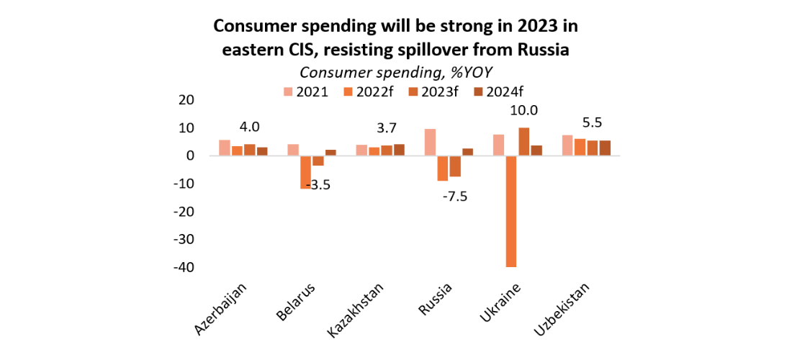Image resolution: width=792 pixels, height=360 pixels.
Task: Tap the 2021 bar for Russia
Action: pyautogui.click(x=430, y=143)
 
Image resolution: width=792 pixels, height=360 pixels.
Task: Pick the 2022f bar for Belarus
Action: pyautogui.click(x=305, y=172)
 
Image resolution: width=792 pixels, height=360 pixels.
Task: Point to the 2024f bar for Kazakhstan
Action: pyautogui.click(x=399, y=150)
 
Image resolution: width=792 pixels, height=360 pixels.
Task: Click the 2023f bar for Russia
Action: pyautogui.click(x=455, y=166)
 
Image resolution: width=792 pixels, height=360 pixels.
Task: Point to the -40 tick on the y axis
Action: pyautogui.click(x=184, y=267)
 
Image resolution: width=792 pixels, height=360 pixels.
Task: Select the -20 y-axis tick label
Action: pyautogui.click(x=184, y=212)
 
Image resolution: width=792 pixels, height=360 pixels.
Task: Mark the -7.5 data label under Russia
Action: pyautogui.click(x=454, y=196)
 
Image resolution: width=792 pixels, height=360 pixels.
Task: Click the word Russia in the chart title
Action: pyautogui.click(x=541, y=50)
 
